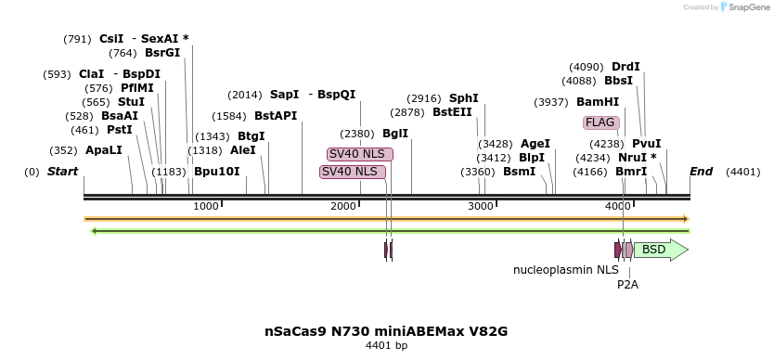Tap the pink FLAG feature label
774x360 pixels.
pyautogui.click(x=600, y=122)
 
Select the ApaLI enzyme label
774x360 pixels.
pyautogui.click(x=103, y=150)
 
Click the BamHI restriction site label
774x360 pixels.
pyautogui.click(x=598, y=102)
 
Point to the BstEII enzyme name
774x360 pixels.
pyautogui.click(x=452, y=112)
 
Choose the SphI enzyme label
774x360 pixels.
pyautogui.click(x=464, y=98)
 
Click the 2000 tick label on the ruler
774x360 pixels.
pyautogui.click(x=344, y=206)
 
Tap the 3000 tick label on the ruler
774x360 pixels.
pyautogui.click(x=481, y=206)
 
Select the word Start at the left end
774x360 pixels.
pyautogui.click(x=62, y=172)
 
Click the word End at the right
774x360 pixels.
pyautogui.click(x=701, y=172)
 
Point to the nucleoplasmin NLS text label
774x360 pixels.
pyautogui.click(x=565, y=270)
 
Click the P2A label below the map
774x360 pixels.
pyautogui.click(x=627, y=285)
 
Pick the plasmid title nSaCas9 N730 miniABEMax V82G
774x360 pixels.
pyautogui.click(x=386, y=331)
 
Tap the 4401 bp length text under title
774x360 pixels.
pyautogui.click(x=386, y=345)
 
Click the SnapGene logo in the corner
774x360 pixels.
pyautogui.click(x=745, y=7)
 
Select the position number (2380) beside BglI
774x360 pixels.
pyautogui.click(x=357, y=134)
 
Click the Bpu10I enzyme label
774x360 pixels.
pyautogui.click(x=217, y=172)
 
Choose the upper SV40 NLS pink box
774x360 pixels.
pyautogui.click(x=360, y=154)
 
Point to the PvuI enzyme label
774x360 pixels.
pyautogui.click(x=646, y=144)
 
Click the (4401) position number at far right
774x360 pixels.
pyautogui.click(x=742, y=172)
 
